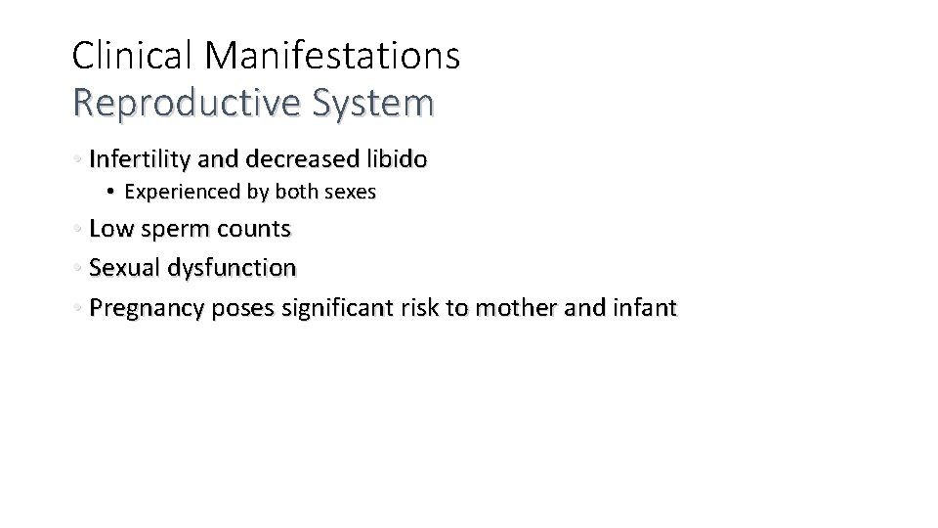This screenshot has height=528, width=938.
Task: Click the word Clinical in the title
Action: pyautogui.click(x=134, y=56)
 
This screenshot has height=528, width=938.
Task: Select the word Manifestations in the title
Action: pyautogui.click(x=333, y=56)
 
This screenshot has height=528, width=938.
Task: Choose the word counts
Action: pyautogui.click(x=255, y=230)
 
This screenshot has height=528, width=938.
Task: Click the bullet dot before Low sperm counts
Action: pyautogui.click(x=77, y=230)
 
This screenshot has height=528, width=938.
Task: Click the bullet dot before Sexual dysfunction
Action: pyautogui.click(x=77, y=267)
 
